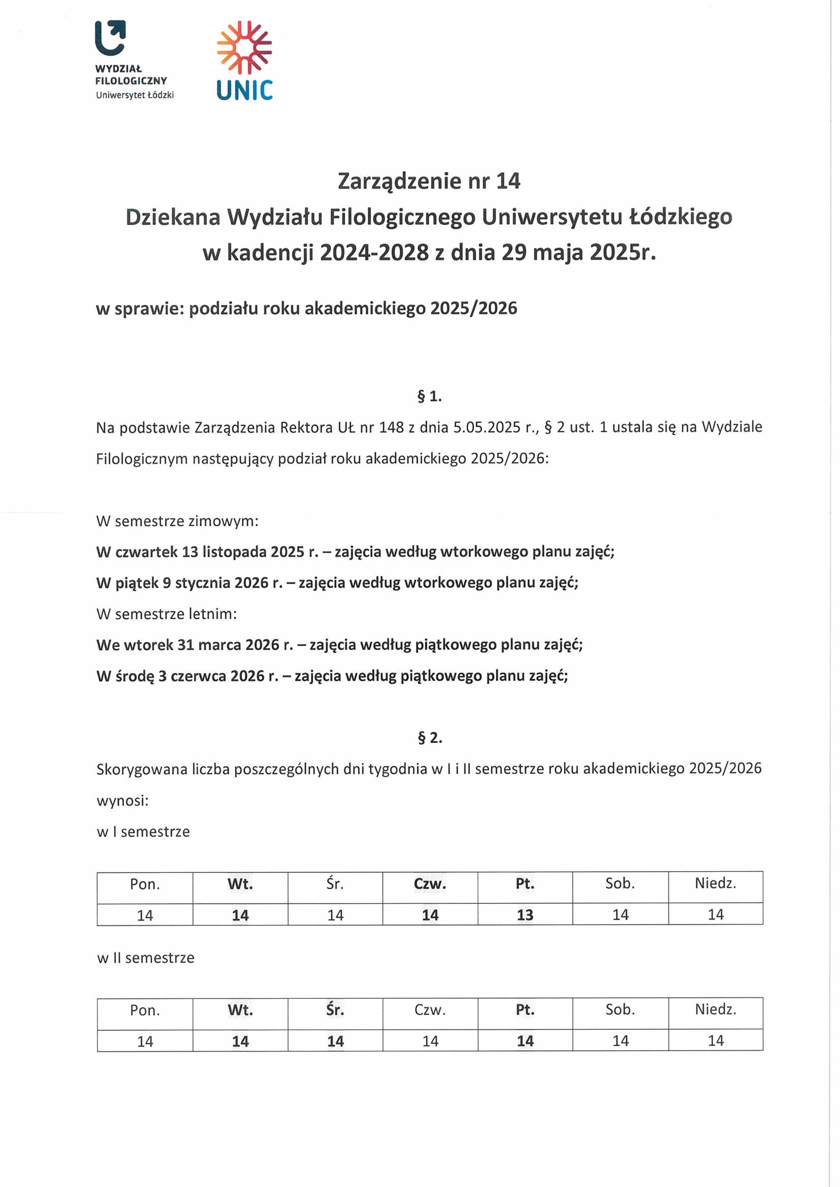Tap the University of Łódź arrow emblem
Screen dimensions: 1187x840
(110, 37)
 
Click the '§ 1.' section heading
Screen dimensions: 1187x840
(429, 396)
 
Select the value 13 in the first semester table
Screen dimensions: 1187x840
(525, 915)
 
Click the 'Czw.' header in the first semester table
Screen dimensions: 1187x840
(430, 884)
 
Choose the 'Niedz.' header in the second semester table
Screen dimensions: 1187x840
(715, 1010)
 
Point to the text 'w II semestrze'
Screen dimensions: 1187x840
(146, 958)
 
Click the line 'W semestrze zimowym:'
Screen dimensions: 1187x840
(177, 521)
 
